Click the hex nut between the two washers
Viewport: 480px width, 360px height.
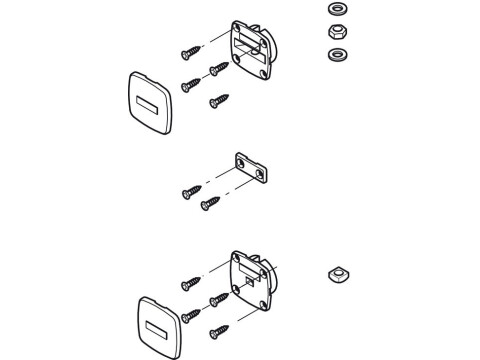(x=335, y=31)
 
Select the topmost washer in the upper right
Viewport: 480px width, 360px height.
(x=335, y=10)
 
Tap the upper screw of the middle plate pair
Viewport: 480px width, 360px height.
(x=190, y=191)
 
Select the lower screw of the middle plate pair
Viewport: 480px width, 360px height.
(x=209, y=204)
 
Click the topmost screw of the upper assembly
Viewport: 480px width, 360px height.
(x=190, y=51)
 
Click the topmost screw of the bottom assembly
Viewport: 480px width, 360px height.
(x=190, y=283)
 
